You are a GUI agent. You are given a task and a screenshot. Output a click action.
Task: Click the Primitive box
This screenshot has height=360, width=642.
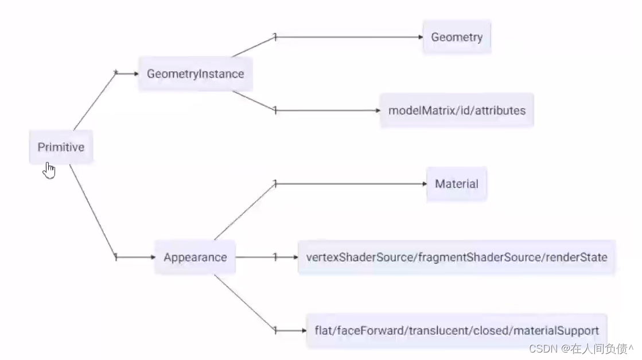tap(61, 147)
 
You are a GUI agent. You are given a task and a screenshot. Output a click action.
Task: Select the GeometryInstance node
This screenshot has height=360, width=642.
tap(195, 73)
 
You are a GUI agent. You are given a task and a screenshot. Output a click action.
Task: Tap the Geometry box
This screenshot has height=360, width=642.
tap(457, 37)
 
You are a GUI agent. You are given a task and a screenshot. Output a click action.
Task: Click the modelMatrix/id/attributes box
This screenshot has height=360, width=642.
tap(457, 110)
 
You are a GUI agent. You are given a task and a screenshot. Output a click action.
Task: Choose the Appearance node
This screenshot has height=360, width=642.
tap(195, 257)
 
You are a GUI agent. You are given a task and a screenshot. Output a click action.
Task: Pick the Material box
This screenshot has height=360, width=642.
tap(457, 184)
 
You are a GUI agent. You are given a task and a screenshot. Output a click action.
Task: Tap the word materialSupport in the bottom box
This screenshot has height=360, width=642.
tap(556, 331)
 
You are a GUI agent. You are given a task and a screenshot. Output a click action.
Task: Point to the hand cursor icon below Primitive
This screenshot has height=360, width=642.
tap(49, 171)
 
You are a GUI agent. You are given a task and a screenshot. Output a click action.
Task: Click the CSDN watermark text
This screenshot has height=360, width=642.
tap(581, 349)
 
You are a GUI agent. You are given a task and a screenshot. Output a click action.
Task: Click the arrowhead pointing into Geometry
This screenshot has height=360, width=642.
tap(421, 37)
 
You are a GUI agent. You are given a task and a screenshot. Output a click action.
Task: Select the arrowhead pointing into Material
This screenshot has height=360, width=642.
tap(425, 184)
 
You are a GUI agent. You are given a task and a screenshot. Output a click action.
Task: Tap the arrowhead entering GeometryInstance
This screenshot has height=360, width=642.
tap(136, 73)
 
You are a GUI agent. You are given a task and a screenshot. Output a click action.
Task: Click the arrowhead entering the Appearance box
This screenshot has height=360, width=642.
tap(152, 257)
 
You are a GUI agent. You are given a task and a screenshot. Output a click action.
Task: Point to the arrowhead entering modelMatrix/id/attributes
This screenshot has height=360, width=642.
tap(378, 110)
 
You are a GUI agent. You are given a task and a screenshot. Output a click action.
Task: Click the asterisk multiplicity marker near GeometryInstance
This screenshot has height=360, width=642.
tap(115, 72)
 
